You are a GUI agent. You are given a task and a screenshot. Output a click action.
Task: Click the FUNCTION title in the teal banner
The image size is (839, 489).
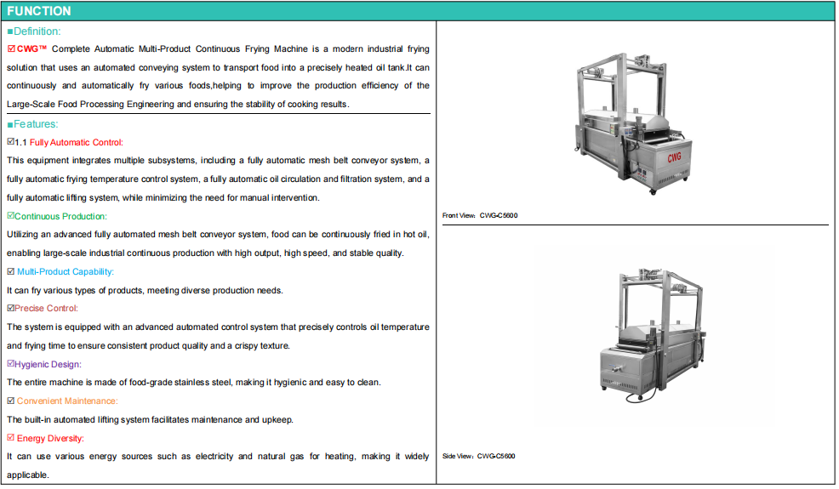39,11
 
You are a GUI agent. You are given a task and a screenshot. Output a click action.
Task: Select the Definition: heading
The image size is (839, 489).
37,31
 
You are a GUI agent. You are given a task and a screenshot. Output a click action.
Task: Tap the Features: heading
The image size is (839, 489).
36,124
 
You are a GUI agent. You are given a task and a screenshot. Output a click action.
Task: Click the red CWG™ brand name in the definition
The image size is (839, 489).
31,49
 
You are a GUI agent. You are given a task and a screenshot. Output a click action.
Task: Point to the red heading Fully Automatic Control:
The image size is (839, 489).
77,142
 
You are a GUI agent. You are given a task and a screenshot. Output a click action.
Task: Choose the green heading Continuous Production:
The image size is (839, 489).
60,216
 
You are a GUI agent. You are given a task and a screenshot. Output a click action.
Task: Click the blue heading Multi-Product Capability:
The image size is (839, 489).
66,272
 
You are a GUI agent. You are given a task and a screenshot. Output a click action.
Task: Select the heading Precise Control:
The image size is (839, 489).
46,308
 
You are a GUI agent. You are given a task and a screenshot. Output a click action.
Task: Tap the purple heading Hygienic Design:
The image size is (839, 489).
48,364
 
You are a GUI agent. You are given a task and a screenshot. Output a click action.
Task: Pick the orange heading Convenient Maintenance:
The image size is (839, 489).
67,401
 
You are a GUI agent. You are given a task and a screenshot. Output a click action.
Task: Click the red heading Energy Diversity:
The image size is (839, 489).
50,439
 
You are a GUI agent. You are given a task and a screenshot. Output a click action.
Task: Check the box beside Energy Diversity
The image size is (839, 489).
11,438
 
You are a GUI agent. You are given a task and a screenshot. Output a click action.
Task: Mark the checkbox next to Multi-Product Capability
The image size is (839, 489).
11,271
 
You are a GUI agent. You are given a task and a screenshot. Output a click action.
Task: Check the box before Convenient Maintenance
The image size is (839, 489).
11,401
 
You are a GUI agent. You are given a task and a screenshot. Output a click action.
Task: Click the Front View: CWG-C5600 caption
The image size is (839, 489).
480,216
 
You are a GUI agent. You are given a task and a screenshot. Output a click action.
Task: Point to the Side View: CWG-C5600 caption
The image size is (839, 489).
479,457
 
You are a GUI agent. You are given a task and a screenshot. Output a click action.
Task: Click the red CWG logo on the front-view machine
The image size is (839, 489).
674,157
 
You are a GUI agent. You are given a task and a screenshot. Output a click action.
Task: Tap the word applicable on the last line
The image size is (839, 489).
27,475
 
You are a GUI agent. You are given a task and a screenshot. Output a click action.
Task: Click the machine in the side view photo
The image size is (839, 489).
653,335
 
